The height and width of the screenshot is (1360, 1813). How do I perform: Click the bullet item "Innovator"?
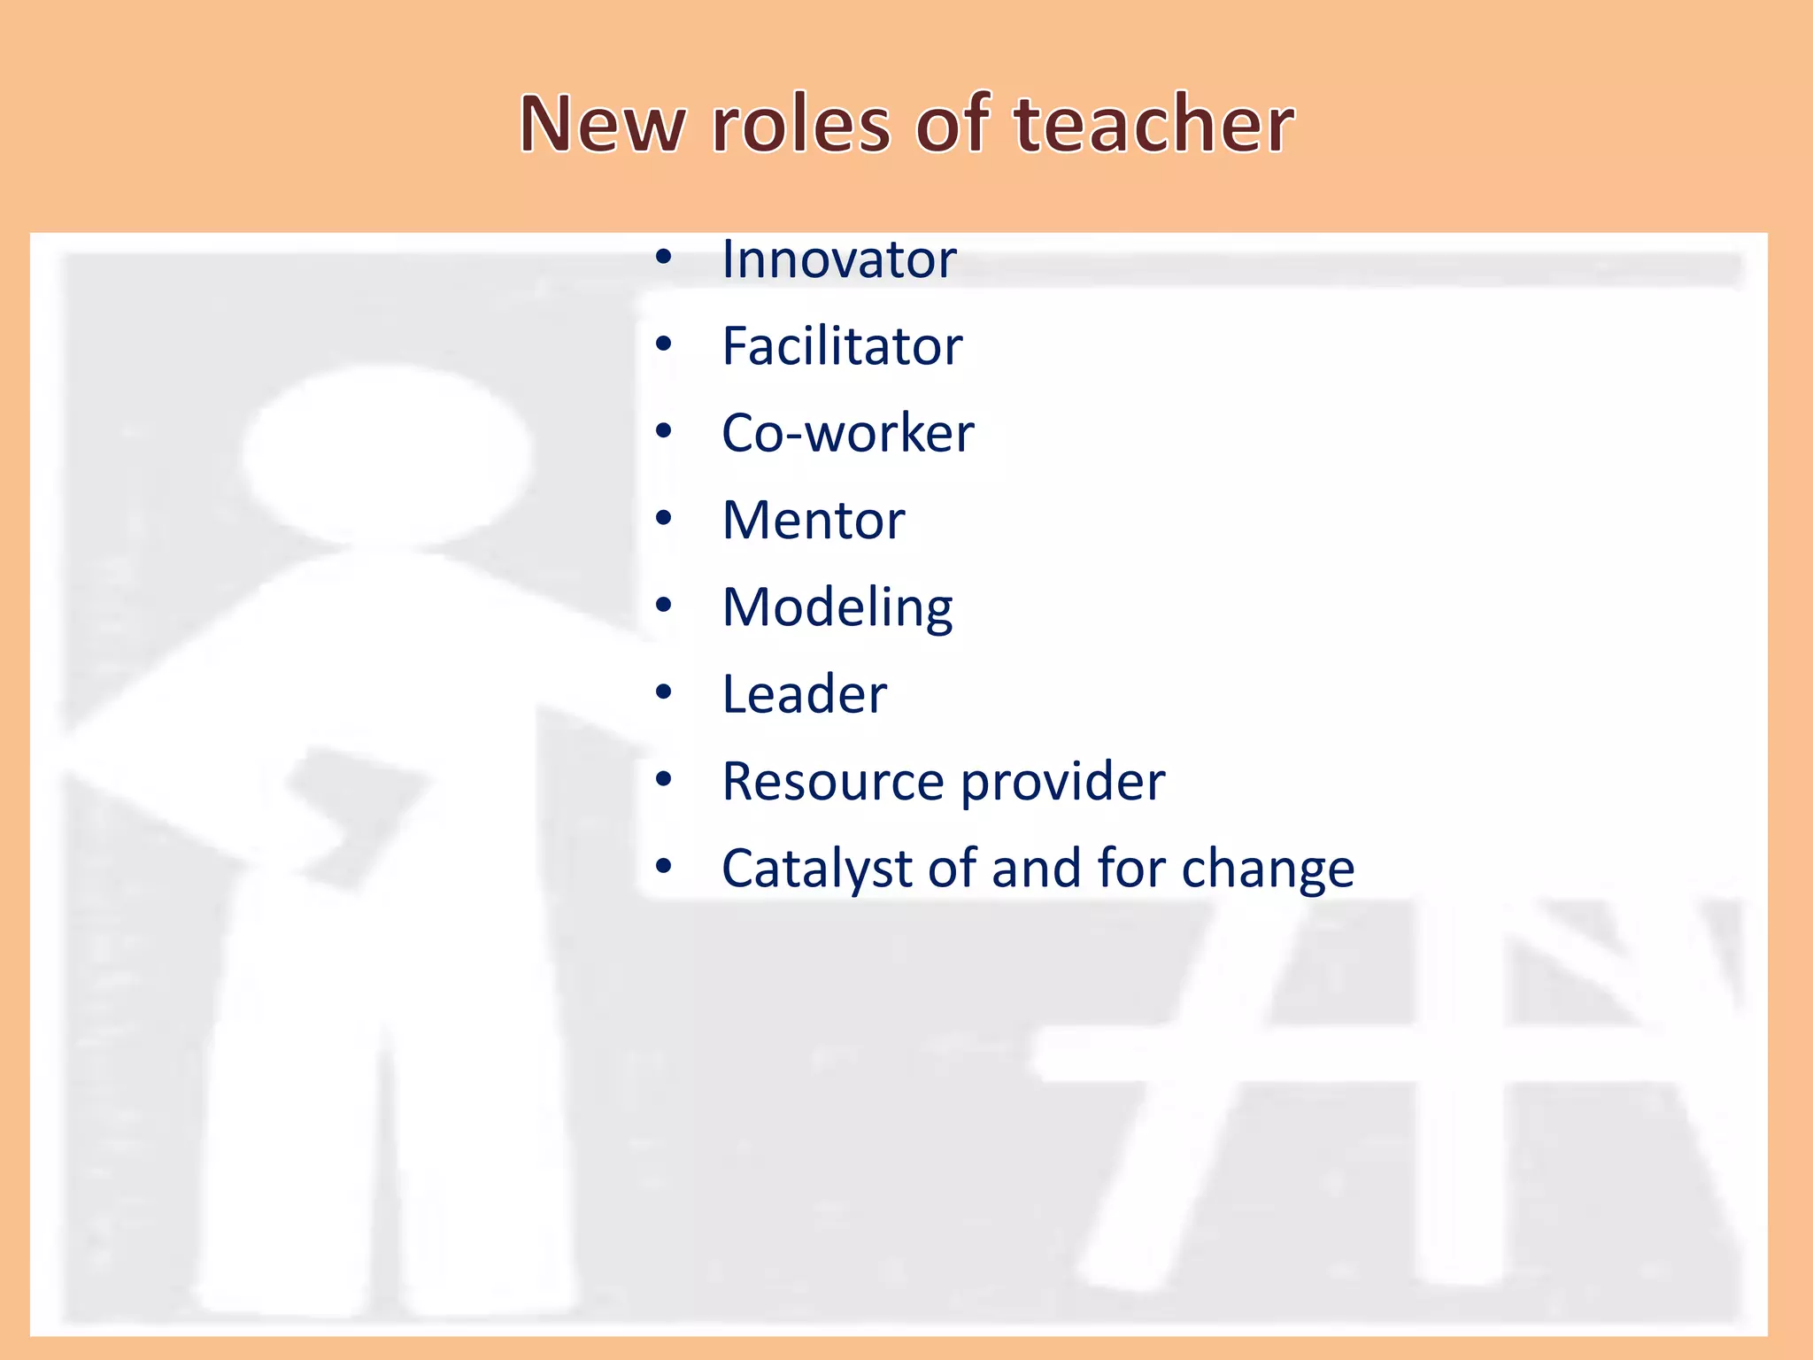point(838,259)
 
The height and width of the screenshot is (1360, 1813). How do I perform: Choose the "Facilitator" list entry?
point(842,346)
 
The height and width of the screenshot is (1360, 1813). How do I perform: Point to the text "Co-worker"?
point(847,433)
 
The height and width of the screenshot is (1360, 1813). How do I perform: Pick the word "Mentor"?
point(814,520)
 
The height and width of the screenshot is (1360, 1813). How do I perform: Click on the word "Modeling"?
point(837,608)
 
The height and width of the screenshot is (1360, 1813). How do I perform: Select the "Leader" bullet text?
point(804,694)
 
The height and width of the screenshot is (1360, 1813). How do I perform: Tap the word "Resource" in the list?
point(833,781)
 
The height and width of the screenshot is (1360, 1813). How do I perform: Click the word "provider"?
point(1062,783)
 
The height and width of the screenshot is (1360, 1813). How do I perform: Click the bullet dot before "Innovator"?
point(664,259)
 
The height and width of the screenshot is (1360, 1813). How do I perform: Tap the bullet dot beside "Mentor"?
point(664,519)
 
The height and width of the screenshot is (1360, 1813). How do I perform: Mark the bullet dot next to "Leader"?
point(664,693)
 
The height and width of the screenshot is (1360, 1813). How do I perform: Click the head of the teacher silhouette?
point(387,454)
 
